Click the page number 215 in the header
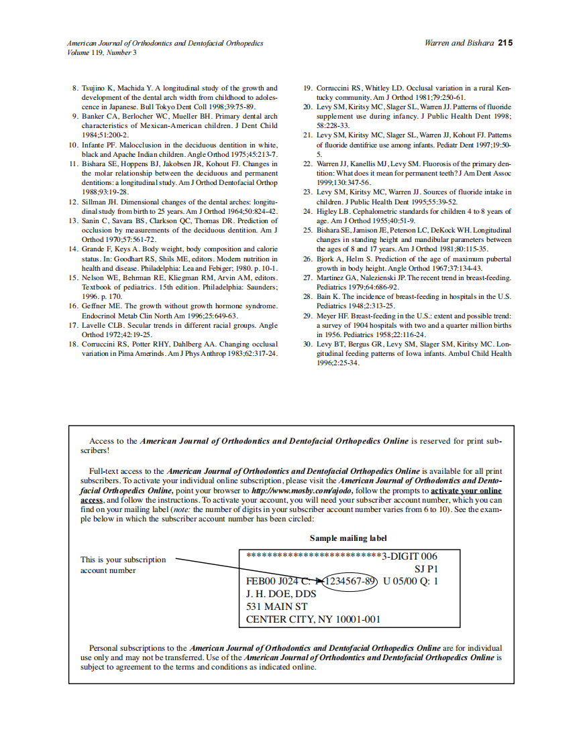tap(505, 43)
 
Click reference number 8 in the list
tap(74, 88)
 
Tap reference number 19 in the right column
tap(308, 88)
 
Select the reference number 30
tap(308, 344)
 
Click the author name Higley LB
tap(336, 211)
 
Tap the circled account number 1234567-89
tap(350, 581)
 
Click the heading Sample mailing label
tap(348, 538)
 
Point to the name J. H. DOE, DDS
tap(280, 594)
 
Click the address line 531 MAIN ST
tap(276, 607)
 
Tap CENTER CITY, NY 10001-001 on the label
tap(313, 619)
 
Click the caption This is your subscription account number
tap(123, 565)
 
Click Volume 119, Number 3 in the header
tap(101, 52)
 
